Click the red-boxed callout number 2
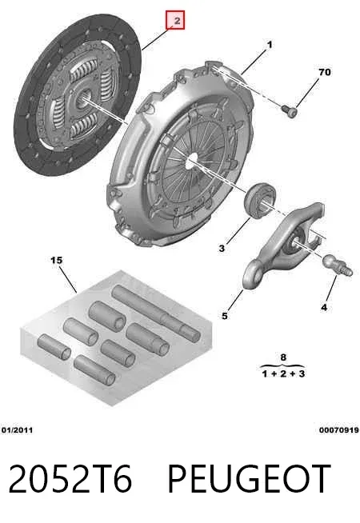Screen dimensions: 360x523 point(177,21)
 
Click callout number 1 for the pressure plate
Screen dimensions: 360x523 point(270,45)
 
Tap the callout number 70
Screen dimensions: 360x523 point(324,72)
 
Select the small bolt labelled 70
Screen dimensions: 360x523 point(289,110)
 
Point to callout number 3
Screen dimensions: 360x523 point(222,248)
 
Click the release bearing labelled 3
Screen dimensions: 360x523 point(261,201)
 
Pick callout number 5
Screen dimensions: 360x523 point(225,316)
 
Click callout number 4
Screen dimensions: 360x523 point(324,307)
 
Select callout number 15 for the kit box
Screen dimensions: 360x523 point(56,260)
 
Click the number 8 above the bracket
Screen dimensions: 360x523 point(283,357)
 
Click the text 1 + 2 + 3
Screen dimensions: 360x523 point(283,373)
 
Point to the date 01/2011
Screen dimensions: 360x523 point(17,430)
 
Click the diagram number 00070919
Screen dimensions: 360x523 point(339,430)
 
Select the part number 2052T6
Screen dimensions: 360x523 point(70,479)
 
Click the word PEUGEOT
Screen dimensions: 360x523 point(249,479)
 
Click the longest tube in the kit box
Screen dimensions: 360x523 point(156,313)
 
